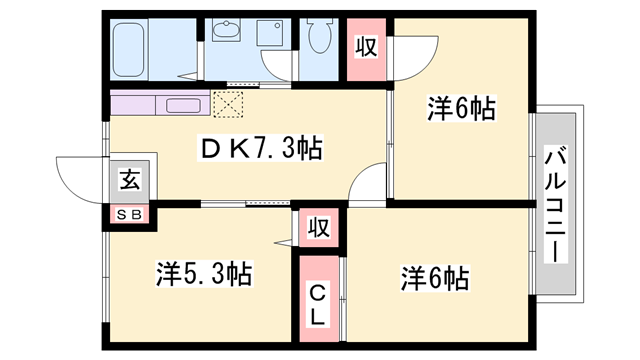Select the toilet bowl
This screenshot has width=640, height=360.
tap(321, 40)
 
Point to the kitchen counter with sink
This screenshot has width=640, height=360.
tap(160, 104)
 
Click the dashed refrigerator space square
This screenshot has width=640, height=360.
tap(227, 103)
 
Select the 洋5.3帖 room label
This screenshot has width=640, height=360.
tap(203, 272)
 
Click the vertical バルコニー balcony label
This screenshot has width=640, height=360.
tap(555, 204)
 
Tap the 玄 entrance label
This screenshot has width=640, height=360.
tap(129, 181)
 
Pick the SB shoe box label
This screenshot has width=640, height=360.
tap(130, 214)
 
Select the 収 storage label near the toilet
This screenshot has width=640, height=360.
tap(366, 48)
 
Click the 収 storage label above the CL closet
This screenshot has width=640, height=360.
tap(319, 227)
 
